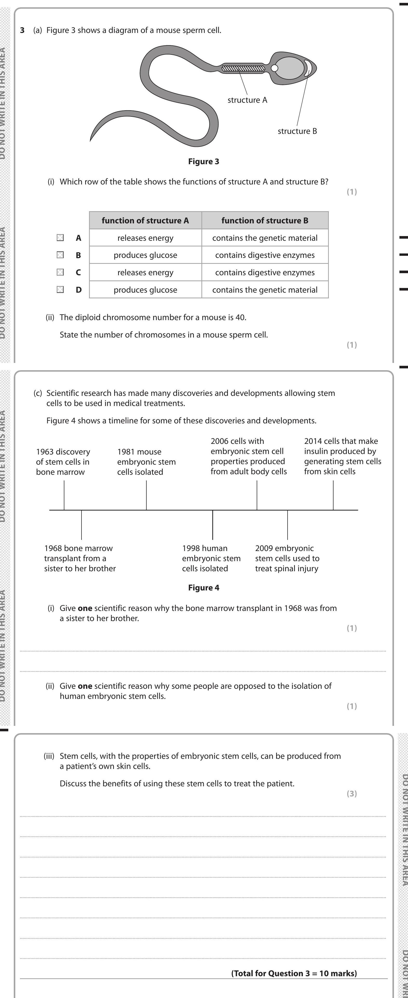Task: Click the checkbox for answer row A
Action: click(x=60, y=237)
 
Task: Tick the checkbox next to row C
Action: click(x=60, y=272)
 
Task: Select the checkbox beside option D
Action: click(x=60, y=290)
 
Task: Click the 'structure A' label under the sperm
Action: click(x=247, y=100)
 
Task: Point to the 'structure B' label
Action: click(x=297, y=131)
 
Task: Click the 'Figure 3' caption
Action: click(x=203, y=162)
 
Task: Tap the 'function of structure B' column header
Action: click(x=265, y=221)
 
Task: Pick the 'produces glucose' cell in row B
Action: click(x=145, y=255)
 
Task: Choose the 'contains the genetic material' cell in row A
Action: click(x=265, y=238)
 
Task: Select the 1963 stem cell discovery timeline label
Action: click(x=63, y=462)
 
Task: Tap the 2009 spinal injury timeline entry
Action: click(x=287, y=558)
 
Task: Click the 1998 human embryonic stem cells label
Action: click(x=211, y=558)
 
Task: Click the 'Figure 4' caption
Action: click(x=203, y=588)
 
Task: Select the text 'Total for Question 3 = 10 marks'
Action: click(x=294, y=973)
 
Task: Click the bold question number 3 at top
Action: click(x=23, y=30)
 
